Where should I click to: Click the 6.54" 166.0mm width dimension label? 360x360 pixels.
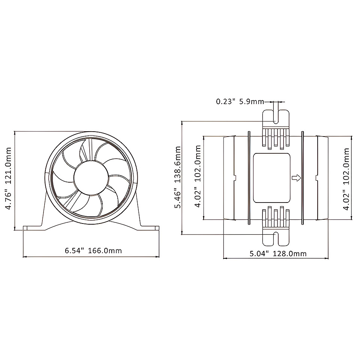coord(93,250)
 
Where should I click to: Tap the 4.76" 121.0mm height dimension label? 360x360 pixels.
coord(9,178)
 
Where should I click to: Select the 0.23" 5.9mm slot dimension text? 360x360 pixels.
coord(240,102)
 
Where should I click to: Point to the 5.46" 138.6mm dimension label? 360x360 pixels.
coord(177,177)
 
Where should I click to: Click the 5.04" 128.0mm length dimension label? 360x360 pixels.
coord(278,253)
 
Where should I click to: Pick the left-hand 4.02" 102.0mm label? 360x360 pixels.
coord(198,176)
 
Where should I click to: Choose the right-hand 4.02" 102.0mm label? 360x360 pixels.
coord(346,179)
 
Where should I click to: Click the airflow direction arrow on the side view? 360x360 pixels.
coord(296,178)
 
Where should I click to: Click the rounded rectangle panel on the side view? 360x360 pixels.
coord(271,178)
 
